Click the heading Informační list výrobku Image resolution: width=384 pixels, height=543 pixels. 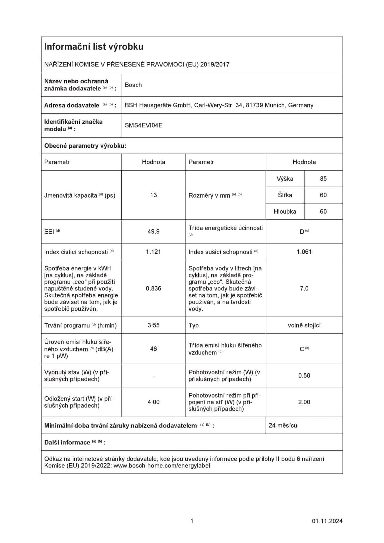click(x=94, y=47)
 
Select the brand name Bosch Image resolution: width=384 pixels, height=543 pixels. click(x=133, y=85)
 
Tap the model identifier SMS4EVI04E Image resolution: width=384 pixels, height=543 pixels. click(x=144, y=125)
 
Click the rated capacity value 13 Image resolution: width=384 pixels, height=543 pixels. click(x=153, y=195)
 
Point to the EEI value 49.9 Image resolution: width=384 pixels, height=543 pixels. click(x=153, y=232)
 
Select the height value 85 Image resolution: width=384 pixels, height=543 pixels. click(x=323, y=179)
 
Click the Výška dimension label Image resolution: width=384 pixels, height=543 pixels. click(x=285, y=179)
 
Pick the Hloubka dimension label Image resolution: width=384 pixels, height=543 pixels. click(x=285, y=212)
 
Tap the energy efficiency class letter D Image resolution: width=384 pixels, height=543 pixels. click(x=302, y=232)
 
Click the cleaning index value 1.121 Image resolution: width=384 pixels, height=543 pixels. click(x=153, y=252)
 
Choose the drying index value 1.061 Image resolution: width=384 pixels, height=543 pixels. click(x=304, y=252)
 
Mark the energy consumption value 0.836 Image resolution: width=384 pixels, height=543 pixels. click(x=153, y=289)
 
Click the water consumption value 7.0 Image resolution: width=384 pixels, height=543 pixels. click(x=304, y=289)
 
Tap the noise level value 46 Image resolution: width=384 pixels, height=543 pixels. click(x=153, y=349)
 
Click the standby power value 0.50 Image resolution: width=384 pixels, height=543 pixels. click(x=304, y=376)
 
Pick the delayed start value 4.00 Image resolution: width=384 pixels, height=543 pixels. click(x=153, y=402)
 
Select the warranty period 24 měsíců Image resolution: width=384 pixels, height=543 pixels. click(x=283, y=425)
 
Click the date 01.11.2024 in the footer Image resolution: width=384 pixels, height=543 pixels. click(x=327, y=521)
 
